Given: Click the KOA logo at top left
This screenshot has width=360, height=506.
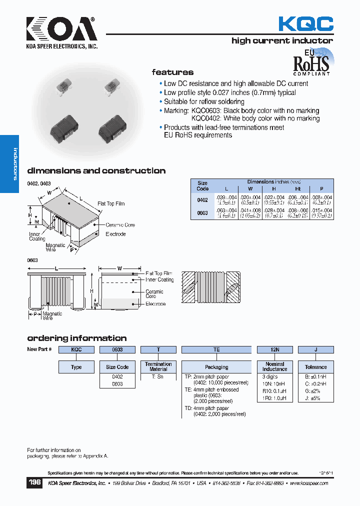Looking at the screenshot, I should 61,31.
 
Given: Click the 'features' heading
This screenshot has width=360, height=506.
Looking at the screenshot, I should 172,72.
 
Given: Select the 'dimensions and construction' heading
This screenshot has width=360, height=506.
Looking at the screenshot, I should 96,170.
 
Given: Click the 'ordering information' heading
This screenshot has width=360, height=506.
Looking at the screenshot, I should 76,338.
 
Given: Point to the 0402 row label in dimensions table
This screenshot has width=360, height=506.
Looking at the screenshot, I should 202,200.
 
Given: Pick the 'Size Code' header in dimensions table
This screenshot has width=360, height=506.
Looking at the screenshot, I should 202,186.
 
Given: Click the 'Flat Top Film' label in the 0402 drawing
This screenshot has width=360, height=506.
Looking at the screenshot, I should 111,203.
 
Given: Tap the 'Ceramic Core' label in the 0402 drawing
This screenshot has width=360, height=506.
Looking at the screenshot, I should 120,225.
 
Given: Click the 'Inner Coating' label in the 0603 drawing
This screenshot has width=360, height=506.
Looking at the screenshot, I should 159,280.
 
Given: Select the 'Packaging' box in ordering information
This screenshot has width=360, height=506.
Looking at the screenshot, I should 216,367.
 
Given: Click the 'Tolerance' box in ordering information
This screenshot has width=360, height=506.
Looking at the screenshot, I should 315,367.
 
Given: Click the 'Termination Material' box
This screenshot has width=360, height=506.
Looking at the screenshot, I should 158,367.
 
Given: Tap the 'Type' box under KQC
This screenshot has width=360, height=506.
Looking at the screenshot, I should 76,367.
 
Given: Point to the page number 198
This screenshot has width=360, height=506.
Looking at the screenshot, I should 34,483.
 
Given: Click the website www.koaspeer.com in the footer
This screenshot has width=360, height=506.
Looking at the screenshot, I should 308,483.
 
